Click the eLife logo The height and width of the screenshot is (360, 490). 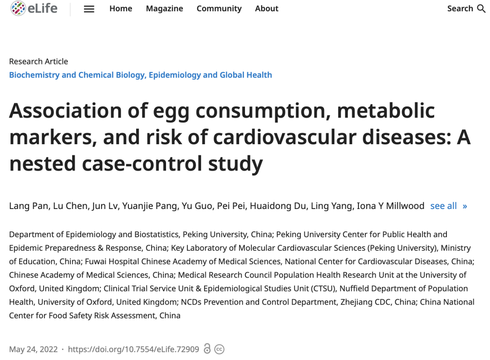point(34,9)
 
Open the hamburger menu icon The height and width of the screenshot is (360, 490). point(89,9)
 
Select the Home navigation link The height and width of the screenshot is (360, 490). point(121,9)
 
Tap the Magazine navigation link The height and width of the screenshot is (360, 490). point(164,9)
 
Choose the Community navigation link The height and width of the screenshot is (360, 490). point(219,9)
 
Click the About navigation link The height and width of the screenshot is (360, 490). point(267,9)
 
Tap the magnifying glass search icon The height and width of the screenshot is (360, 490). point(481,9)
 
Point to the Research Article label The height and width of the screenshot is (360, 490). point(39,62)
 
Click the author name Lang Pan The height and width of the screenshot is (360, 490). point(27,206)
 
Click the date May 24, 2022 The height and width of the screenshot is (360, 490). point(34,349)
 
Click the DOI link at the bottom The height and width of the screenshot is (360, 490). point(133,349)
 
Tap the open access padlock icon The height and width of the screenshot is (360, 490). point(207,349)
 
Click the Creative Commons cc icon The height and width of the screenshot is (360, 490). point(220,349)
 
